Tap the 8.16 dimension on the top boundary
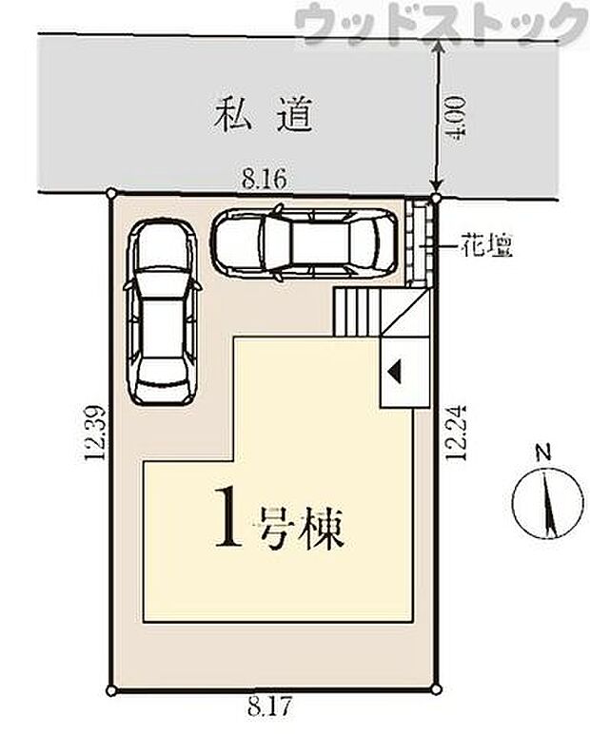pyautogui.click(x=264, y=177)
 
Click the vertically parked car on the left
pyautogui.click(x=162, y=311)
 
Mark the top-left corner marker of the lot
pyautogui.click(x=112, y=192)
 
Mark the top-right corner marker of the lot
pyautogui.click(x=435, y=199)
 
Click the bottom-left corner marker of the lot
pyautogui.click(x=112, y=689)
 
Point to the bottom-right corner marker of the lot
pyautogui.click(x=435, y=689)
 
